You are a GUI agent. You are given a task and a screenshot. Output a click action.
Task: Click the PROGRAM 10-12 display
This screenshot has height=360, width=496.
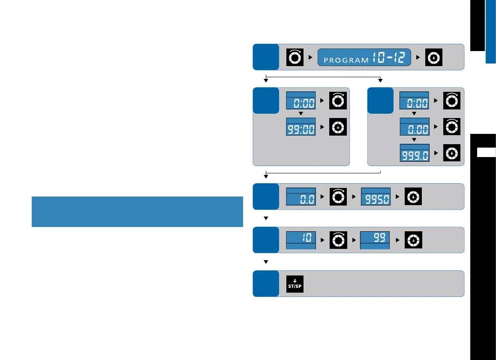[x=364, y=57]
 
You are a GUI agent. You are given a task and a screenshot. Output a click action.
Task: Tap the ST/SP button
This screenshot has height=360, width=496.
[x=295, y=284]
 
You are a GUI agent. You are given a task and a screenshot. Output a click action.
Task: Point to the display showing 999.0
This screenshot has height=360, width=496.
[x=415, y=153]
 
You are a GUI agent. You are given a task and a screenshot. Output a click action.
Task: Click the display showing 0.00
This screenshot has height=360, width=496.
[x=415, y=127]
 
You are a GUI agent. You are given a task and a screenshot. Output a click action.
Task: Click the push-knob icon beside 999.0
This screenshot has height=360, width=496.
[x=452, y=153]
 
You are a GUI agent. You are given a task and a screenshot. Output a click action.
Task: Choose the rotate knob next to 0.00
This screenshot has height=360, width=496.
[x=452, y=127]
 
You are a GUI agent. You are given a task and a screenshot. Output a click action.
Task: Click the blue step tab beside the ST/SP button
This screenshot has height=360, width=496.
[x=265, y=283]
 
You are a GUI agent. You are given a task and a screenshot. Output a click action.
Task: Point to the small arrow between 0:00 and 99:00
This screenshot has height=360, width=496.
[x=301, y=114]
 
